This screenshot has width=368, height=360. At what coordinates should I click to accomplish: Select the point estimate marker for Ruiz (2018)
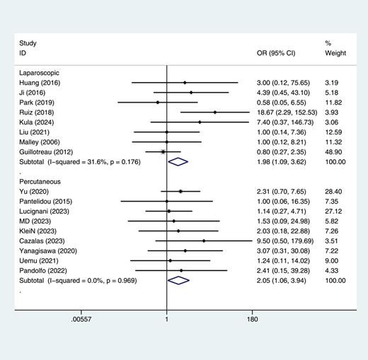coord(214,112)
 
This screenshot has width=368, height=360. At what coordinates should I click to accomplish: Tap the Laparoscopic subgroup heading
coord(42,72)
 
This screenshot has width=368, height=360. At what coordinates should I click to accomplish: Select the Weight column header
coord(335,53)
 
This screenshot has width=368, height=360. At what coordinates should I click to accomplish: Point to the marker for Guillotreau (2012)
coord(163,151)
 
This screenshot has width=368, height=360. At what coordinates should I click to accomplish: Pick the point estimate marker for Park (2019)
coord(158,103)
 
